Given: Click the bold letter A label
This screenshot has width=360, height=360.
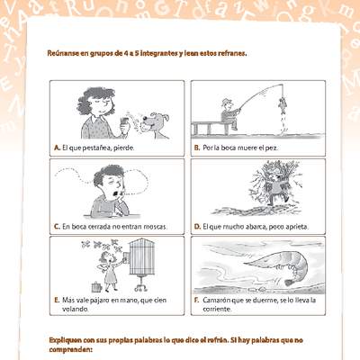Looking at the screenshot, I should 57,148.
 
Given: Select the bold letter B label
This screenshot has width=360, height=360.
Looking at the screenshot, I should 196,148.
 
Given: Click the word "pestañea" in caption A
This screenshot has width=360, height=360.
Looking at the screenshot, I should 97,148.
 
